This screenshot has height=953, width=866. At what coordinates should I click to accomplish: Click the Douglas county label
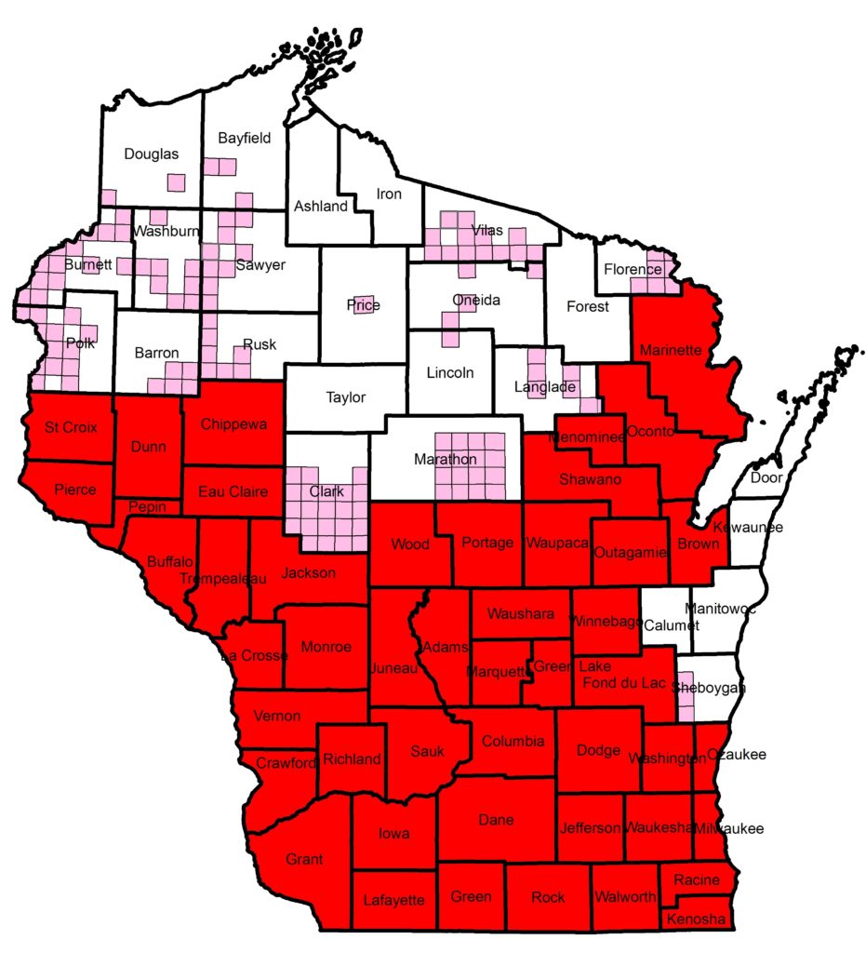coord(151,154)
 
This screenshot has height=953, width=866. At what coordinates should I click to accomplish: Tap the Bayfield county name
coord(244,139)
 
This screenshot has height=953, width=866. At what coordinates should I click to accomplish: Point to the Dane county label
coord(495,820)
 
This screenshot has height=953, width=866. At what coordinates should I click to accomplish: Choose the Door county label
coord(766,477)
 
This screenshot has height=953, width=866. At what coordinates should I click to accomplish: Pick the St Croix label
coord(68,428)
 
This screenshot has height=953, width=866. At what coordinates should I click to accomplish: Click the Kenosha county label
coord(697,919)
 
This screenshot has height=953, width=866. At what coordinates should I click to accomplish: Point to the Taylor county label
coord(346,397)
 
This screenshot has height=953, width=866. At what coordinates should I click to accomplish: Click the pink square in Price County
coord(364,304)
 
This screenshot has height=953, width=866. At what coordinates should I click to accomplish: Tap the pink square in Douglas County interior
coord(176,181)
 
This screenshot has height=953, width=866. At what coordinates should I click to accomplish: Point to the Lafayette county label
coord(393,900)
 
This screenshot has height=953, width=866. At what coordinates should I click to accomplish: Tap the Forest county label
coord(587,306)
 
